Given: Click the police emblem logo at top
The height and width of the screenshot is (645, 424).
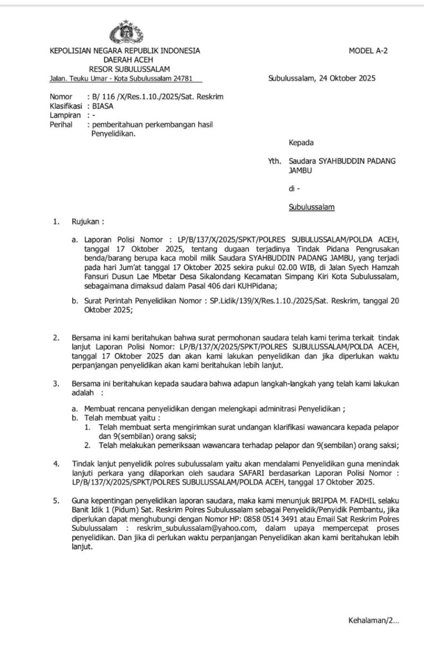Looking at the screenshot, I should tap(126, 32).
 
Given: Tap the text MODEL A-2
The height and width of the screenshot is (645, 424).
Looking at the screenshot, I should tap(368, 51).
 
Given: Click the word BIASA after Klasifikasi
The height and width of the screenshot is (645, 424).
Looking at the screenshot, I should tap(102, 105).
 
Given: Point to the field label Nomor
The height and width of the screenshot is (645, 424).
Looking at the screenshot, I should tap(60, 96).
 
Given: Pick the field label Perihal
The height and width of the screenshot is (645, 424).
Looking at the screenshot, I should tap(61, 124).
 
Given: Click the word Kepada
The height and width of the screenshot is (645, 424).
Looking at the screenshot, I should tap(301, 142).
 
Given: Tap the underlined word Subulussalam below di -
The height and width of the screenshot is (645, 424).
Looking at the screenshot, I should tap(312, 207).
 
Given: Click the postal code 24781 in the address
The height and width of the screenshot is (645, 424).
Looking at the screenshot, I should tap(191, 78).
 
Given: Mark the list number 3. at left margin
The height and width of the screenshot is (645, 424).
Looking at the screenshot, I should tap(56, 383).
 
